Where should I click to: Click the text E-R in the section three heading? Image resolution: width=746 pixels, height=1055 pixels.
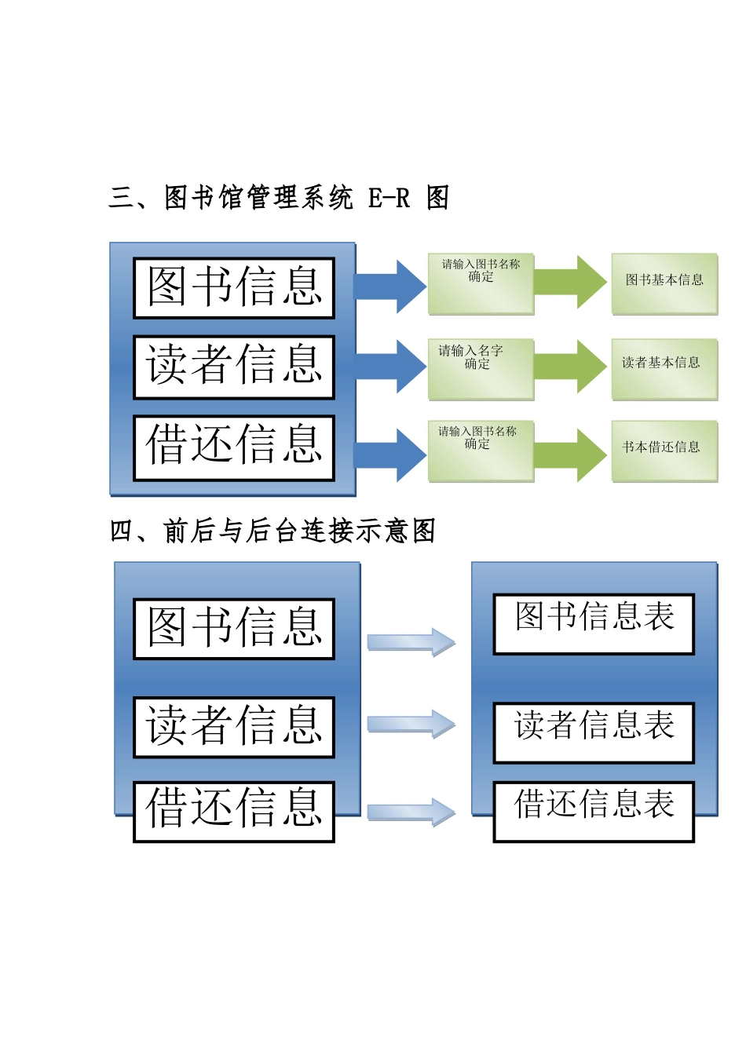389,198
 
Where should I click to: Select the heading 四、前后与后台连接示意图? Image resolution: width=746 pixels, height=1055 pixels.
272,531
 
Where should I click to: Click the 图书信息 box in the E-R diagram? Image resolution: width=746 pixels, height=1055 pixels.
234,287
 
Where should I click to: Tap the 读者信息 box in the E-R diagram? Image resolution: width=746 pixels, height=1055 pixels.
234,367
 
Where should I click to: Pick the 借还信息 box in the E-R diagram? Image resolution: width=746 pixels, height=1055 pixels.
234,447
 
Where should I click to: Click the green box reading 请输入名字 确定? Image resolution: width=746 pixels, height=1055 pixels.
481,369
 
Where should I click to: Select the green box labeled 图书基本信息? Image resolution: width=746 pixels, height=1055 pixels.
664,283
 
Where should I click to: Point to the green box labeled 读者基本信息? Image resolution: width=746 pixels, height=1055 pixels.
664,369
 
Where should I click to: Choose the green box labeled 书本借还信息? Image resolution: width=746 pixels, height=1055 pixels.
664,451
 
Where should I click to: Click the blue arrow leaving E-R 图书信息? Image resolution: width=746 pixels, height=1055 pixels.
391,287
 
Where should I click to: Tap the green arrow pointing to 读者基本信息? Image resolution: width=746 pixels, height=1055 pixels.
571,367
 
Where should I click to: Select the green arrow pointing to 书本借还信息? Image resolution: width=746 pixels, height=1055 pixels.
571,454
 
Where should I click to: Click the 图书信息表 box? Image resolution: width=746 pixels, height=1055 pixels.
594,623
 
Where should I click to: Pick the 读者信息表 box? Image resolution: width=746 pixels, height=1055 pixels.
594,732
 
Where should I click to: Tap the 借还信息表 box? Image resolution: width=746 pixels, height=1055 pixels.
594,811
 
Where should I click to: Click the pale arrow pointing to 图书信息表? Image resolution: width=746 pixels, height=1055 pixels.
411,642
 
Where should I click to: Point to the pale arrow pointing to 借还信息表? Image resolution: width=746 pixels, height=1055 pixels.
411,812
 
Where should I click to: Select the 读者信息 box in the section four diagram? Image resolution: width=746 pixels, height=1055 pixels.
234,727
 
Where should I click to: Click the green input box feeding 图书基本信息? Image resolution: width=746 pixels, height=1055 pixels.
481,283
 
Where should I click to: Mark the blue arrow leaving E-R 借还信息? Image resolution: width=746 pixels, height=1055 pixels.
391,454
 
